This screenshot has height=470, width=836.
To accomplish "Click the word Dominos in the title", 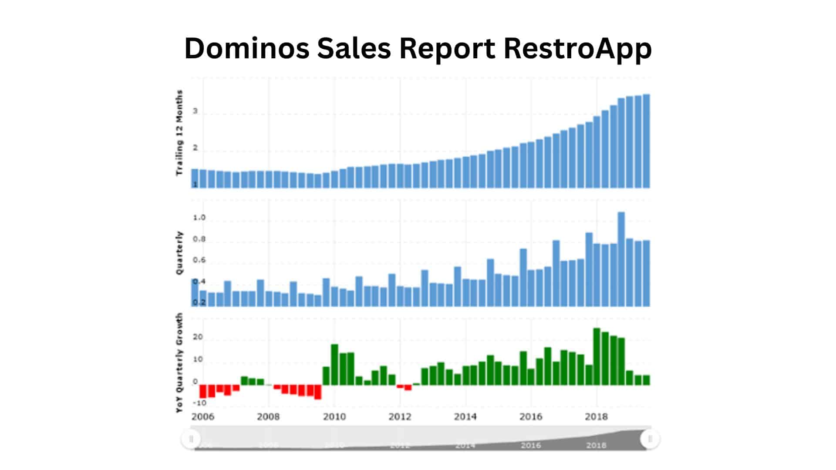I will coord(247,48).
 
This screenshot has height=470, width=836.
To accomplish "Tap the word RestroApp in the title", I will coord(577,49).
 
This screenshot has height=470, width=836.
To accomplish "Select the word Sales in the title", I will coord(354,48).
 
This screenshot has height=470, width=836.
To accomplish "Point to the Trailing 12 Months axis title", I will coord(179,133).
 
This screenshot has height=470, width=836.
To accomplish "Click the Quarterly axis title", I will coord(179,253).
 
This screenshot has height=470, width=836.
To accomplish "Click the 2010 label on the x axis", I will coord(334,417).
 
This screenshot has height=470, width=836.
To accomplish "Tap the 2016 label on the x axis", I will coord(531,417).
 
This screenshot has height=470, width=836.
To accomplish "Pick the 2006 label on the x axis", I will coord(203,417).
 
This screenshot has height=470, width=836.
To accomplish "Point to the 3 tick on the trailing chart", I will coord(196,111).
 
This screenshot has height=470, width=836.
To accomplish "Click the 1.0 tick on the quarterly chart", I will coord(199,218).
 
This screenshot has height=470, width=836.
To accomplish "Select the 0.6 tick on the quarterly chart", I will coord(199,260).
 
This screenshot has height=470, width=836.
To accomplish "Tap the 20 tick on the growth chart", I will coord(198,337).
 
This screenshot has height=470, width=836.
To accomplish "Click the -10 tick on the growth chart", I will coord(199,403).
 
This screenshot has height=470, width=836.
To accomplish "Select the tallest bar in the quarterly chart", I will coord(621,259).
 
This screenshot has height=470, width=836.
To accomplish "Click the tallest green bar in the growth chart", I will coord(597,357).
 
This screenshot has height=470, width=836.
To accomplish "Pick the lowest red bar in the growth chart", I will coord(318,392).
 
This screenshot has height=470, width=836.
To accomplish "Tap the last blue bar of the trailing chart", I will coord(647,141).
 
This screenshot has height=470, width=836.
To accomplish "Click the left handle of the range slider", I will coord(191,439).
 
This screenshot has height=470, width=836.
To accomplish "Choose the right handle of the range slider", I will coord(650,439).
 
